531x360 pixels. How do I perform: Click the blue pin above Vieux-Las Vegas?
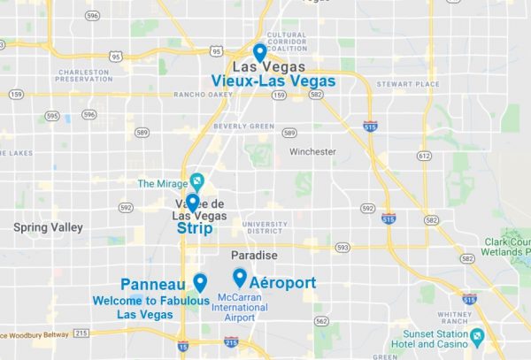tap(259, 51)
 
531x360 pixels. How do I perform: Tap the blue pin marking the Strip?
tap(192, 203)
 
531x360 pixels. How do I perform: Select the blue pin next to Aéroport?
tap(239, 277)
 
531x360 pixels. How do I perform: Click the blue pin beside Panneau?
tap(200, 282)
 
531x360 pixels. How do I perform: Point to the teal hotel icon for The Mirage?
tap(196, 182)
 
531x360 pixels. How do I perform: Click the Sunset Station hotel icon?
tap(478, 337)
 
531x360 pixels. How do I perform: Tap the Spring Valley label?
tap(48, 227)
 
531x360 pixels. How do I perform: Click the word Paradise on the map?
tap(254, 256)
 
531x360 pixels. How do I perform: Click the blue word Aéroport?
tap(282, 283)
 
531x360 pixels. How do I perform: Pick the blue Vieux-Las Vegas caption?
tap(273, 80)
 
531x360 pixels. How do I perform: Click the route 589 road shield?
tap(289, 134)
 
